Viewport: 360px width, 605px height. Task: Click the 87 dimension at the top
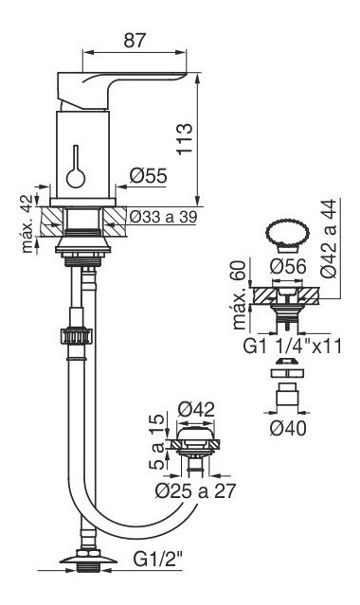[x=135, y=40]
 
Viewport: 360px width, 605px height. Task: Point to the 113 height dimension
[x=184, y=139]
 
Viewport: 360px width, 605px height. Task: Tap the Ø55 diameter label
[x=149, y=176]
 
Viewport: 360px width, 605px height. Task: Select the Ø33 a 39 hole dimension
[x=163, y=217]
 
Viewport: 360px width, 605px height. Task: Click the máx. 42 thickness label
[x=27, y=223]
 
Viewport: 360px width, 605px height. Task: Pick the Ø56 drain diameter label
[x=288, y=266]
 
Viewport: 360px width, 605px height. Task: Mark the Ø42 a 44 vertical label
[x=329, y=238]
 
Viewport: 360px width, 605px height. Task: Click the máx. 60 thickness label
[x=240, y=294]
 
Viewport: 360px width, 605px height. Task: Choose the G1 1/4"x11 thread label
[x=293, y=347]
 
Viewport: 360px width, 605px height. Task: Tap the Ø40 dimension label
[x=288, y=428]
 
